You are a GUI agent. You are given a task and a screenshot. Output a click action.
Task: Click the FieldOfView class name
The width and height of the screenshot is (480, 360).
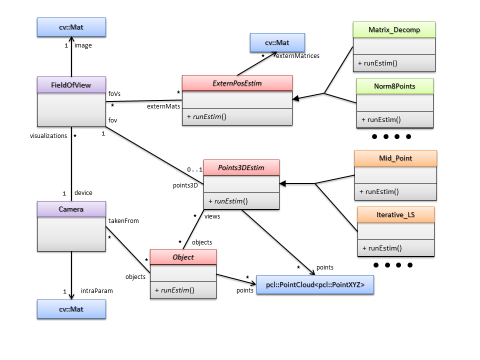pos(71,84)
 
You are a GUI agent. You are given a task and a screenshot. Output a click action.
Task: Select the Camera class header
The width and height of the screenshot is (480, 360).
pos(71,209)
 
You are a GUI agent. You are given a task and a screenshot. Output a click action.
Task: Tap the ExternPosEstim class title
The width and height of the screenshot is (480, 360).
pos(236,83)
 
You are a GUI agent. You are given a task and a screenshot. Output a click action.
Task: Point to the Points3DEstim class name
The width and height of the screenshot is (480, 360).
pos(241,167)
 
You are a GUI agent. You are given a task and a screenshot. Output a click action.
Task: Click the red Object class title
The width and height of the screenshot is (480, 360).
pos(183,257)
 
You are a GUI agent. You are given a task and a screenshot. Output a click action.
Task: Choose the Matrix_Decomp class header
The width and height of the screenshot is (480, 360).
pos(394,29)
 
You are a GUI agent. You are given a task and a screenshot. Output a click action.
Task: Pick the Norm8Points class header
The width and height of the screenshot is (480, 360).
pos(394,86)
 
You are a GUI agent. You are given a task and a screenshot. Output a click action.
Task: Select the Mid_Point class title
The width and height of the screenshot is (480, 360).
pos(395,158)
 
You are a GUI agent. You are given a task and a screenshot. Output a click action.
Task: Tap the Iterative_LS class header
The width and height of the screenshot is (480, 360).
pos(395,214)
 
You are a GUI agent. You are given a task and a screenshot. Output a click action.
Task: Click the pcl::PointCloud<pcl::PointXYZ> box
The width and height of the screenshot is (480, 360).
pos(315,285)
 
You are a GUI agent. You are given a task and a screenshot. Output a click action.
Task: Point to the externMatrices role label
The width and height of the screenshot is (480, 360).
pos(297,56)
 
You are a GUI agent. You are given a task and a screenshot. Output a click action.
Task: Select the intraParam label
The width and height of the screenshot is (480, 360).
pos(93,290)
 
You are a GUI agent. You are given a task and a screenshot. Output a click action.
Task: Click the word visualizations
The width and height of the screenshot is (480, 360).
pos(48,135)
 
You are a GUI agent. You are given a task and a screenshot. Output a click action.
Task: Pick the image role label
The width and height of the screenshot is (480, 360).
pos(83,45)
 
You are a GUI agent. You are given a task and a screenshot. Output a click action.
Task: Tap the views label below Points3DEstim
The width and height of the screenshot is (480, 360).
pos(212,216)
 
